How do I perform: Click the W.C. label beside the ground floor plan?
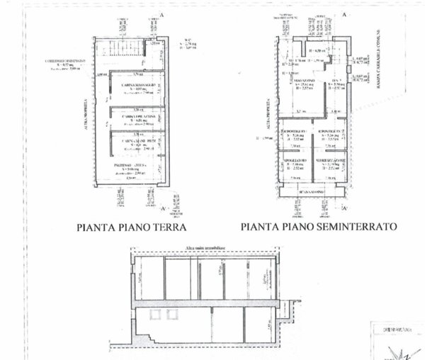(183, 41)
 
